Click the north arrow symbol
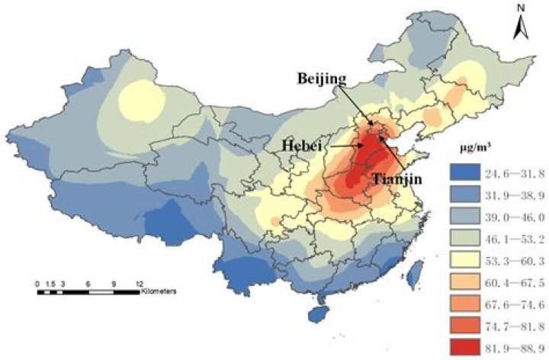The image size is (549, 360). click(x=521, y=29)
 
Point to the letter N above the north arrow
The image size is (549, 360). click(x=521, y=10)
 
